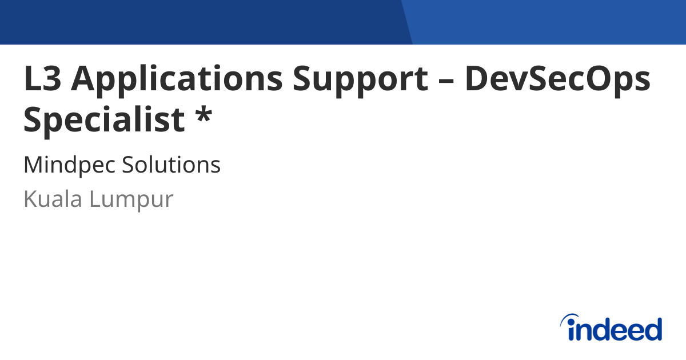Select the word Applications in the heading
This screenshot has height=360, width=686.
176,79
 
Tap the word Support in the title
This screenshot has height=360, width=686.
360,79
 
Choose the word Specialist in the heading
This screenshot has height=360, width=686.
104,120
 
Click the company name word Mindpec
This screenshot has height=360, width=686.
69,166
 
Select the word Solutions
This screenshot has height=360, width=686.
171,166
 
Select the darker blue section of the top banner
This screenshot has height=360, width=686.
200,22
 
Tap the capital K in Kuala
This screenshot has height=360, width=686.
30,199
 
